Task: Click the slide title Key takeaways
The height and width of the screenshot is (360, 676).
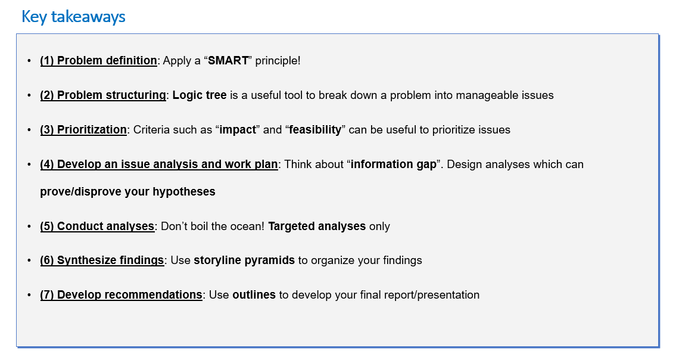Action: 73,17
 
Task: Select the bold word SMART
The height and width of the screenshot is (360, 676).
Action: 228,60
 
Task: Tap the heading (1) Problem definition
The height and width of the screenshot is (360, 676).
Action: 98,60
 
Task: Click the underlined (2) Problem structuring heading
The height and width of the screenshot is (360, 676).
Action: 102,95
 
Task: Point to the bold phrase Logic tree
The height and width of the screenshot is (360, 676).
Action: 199,95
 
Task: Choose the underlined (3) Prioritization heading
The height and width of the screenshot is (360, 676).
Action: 83,129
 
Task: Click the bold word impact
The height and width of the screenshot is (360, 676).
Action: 238,129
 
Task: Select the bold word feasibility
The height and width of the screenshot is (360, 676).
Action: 314,129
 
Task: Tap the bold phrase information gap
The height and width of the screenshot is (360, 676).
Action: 393,165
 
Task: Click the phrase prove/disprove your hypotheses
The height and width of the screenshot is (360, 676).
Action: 127,192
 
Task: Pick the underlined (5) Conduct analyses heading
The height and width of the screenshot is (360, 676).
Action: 97,226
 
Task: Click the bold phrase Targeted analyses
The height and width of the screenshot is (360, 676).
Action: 317,226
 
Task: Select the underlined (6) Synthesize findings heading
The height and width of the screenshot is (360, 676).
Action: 102,260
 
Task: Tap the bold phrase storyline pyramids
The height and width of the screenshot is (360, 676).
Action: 244,260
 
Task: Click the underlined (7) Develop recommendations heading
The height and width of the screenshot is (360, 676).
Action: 121,295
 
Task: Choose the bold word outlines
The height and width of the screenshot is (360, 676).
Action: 254,295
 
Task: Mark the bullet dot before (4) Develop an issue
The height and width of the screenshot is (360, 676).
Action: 29,165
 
